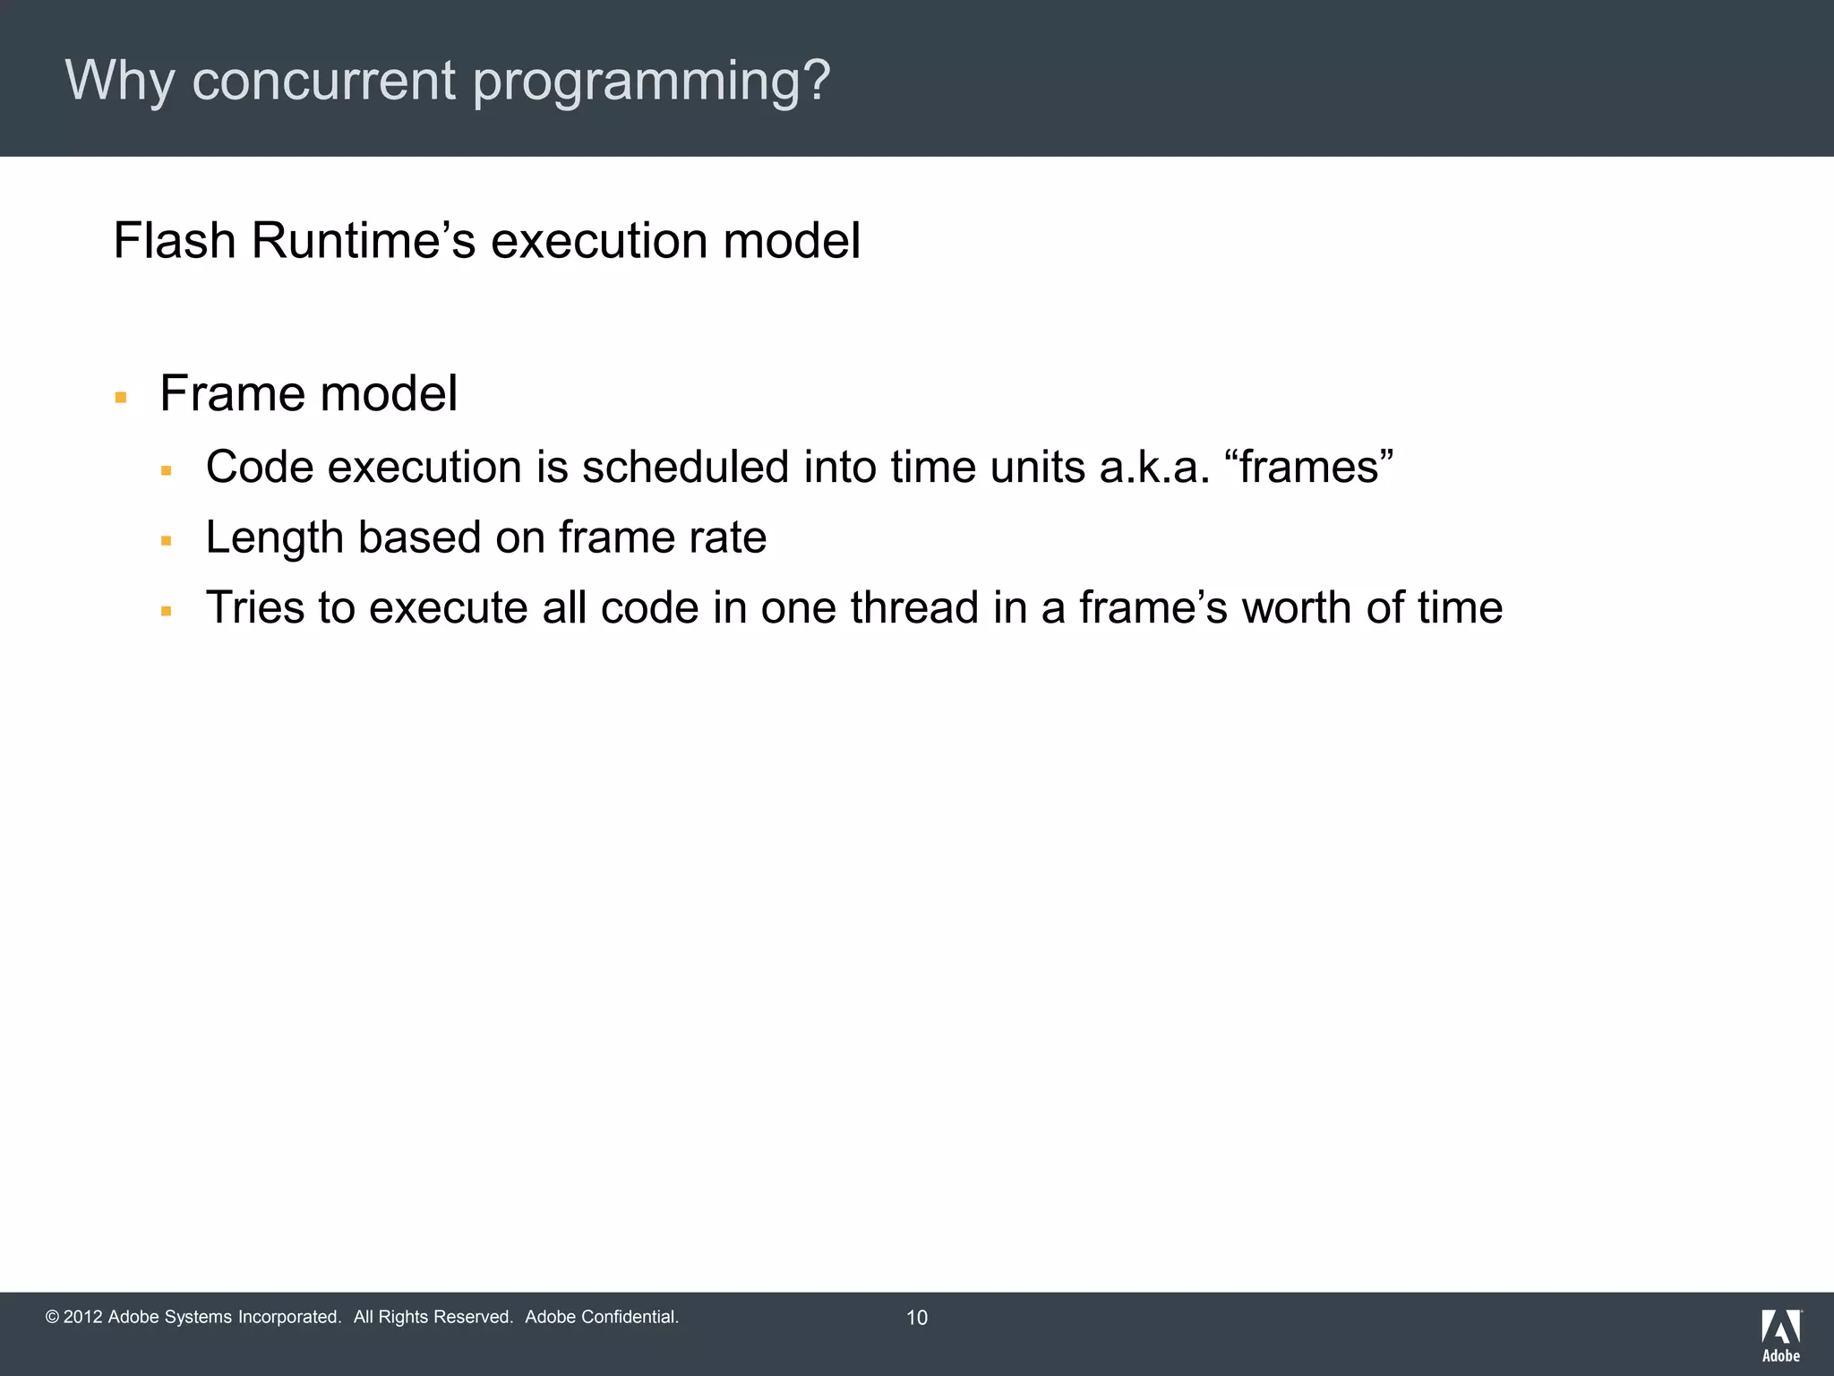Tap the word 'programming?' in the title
[652, 82]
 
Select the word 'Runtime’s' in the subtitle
[363, 241]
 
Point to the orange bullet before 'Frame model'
[121, 397]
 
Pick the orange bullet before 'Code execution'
[166, 470]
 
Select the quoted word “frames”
[1308, 467]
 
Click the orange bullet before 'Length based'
[166, 540]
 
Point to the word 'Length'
[274, 537]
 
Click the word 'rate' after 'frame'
[727, 537]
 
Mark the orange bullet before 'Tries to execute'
[166, 611]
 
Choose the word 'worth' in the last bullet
[1297, 607]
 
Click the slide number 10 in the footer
[917, 1317]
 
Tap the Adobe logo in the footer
[1781, 1335]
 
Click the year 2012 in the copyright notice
[82, 1317]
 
